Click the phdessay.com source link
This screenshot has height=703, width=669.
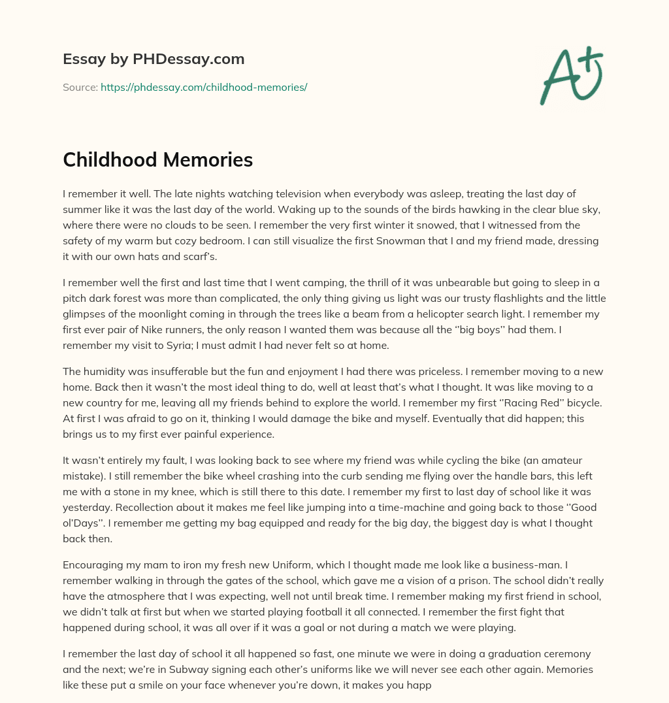204,87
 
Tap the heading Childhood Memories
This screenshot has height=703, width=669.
157,159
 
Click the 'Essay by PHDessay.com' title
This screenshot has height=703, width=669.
154,59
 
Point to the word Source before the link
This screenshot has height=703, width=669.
80,87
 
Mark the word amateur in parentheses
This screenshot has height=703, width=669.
564,460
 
